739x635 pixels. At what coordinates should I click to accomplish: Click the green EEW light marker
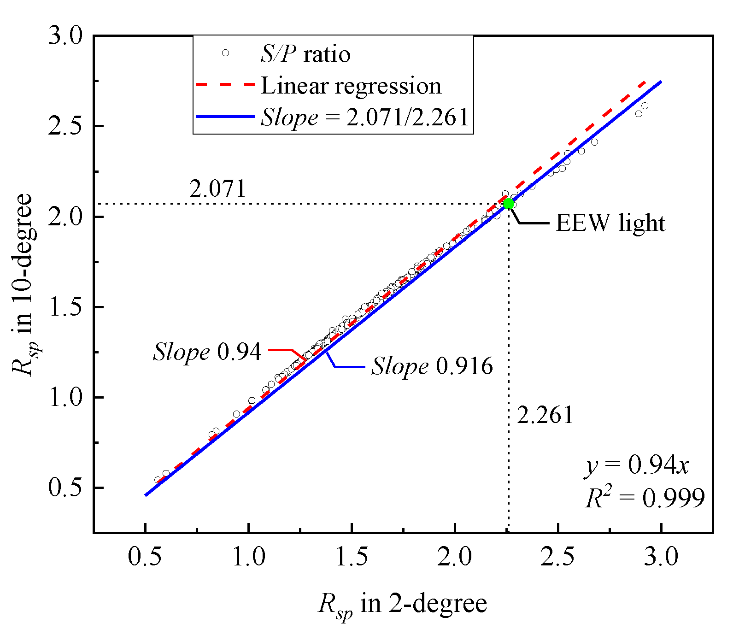[x=508, y=203]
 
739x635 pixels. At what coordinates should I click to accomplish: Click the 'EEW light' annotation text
[x=610, y=223]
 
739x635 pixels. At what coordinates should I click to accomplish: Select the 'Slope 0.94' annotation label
[x=207, y=352]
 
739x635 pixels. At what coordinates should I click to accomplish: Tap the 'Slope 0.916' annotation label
[x=432, y=367]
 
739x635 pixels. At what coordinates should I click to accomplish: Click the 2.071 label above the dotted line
[x=217, y=189]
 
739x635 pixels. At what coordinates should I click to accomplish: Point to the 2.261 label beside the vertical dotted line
[x=545, y=415]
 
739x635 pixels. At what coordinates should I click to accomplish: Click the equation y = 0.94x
[x=637, y=465]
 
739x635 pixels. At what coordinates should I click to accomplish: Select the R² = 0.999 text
[x=645, y=498]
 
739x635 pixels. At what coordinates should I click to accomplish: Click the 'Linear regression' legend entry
[x=351, y=86]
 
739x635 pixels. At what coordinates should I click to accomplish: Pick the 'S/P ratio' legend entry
[x=305, y=54]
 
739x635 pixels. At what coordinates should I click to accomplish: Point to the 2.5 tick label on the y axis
[x=65, y=126]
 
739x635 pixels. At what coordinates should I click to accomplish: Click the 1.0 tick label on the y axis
[x=65, y=397]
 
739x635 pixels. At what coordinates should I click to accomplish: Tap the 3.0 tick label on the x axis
[x=661, y=557]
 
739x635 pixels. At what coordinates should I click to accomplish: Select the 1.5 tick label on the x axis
[x=352, y=557]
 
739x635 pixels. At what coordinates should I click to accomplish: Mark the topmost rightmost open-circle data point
[x=645, y=106]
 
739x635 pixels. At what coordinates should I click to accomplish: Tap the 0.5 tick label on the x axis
[x=145, y=557]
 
